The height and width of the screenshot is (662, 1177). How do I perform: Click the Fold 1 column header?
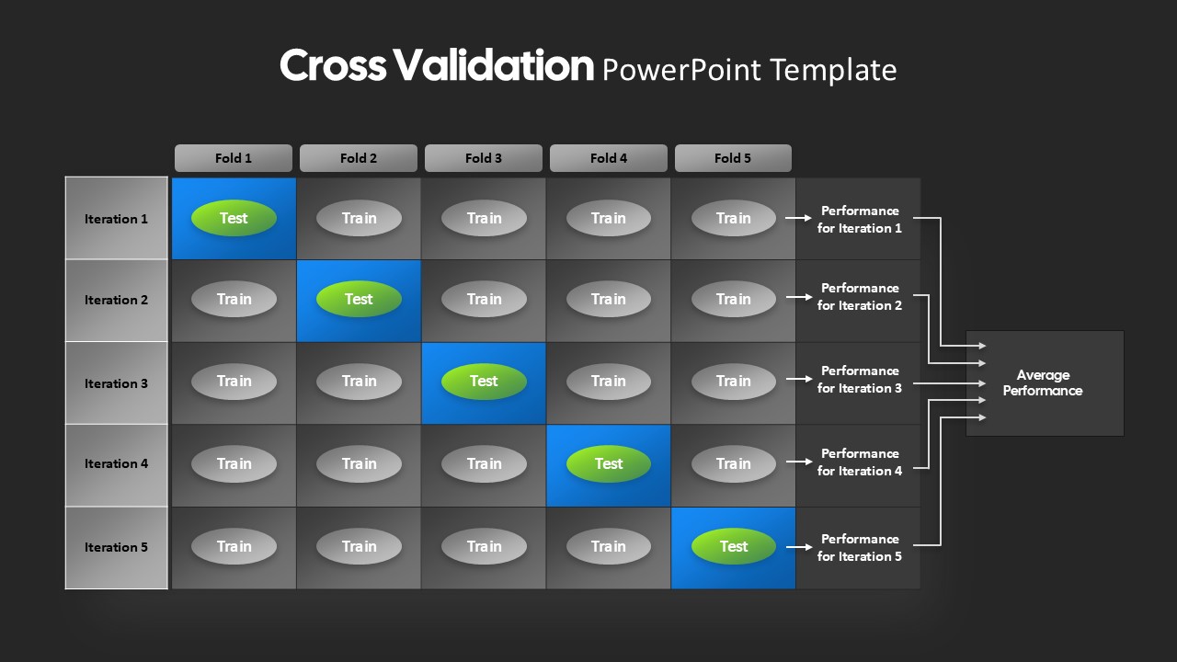tap(234, 158)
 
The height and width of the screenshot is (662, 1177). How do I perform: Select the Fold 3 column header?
tap(484, 158)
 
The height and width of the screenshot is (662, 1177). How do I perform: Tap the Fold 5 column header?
tap(733, 158)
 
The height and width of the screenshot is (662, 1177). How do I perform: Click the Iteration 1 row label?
tap(116, 219)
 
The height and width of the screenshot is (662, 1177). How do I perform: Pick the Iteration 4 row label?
tap(116, 464)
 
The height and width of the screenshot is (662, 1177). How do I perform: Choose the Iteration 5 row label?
tap(116, 547)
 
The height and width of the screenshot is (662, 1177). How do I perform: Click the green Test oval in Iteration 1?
tap(234, 218)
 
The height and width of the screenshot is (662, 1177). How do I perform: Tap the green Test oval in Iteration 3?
tap(484, 381)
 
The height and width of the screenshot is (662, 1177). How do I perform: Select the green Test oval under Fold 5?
tap(734, 546)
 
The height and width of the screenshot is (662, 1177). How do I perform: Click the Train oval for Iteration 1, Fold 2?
tap(359, 218)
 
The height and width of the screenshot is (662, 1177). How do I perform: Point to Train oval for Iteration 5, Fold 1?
tap(234, 546)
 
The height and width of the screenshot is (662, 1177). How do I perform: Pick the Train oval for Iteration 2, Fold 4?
tap(609, 299)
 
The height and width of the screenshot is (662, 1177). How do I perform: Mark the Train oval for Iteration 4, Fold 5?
tap(734, 463)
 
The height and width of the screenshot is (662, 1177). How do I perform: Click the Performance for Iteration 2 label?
tap(860, 297)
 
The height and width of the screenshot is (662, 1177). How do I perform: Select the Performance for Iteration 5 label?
tap(860, 547)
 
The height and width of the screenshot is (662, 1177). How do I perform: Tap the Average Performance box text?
tap(1043, 382)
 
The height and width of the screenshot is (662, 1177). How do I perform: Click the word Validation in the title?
tap(494, 65)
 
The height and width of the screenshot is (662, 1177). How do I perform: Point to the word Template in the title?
tap(833, 71)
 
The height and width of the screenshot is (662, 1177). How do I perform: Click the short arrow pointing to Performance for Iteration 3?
tap(799, 379)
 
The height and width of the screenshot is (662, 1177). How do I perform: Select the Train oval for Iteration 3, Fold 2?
tap(359, 381)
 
